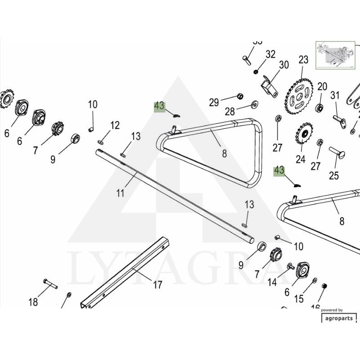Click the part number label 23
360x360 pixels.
[303, 60]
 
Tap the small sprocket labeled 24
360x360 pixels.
[305, 134]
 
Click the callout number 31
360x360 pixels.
[335, 95]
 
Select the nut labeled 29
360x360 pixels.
[240, 96]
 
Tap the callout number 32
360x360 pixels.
[270, 54]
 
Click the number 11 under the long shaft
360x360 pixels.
[120, 193]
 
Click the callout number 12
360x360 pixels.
[115, 125]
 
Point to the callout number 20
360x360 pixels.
[322, 86]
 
